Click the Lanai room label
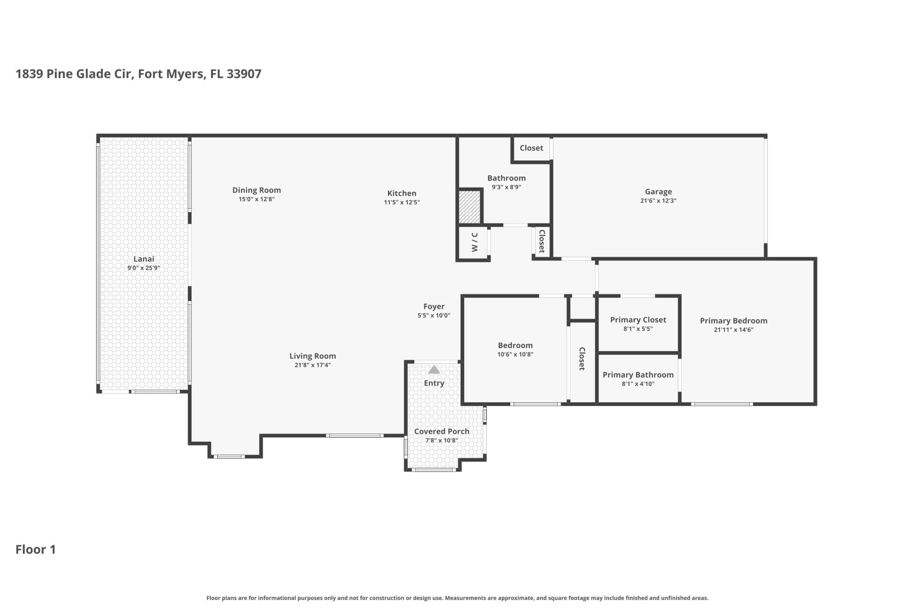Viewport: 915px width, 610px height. click(x=144, y=259)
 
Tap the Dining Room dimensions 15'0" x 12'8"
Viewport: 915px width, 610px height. click(x=256, y=199)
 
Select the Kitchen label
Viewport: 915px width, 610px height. click(x=401, y=193)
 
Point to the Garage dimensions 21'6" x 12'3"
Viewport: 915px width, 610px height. click(x=658, y=201)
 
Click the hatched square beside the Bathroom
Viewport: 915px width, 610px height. click(x=470, y=207)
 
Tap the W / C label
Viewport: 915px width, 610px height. click(x=475, y=242)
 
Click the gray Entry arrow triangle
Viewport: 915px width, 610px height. click(x=434, y=369)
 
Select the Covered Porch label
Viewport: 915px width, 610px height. click(x=441, y=431)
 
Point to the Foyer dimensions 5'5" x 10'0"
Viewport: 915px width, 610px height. click(x=434, y=316)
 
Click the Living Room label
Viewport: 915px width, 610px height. click(x=312, y=356)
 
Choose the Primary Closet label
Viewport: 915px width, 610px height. click(x=638, y=320)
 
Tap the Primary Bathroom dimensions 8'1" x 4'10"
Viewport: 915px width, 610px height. click(x=638, y=384)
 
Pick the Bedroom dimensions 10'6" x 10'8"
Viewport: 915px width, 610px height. click(x=515, y=354)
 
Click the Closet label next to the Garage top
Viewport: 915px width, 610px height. click(x=532, y=148)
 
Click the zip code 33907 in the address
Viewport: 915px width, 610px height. click(x=244, y=74)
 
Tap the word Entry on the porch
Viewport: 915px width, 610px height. click(x=434, y=383)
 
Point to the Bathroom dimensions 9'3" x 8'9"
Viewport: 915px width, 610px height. click(x=506, y=187)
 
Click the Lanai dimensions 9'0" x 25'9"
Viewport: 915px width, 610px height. click(x=144, y=268)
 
